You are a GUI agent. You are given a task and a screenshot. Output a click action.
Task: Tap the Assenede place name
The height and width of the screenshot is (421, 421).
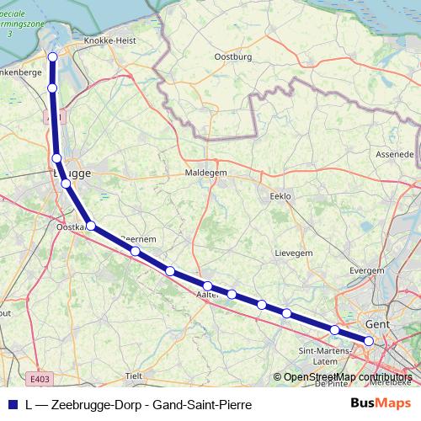(395, 155)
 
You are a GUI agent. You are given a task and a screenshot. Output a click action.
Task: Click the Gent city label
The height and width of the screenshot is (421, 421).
(376, 322)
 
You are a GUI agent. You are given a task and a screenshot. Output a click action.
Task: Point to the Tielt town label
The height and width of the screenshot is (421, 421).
(133, 375)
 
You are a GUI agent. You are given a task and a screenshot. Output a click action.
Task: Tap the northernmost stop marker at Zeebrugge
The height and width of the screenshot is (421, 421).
(52, 57)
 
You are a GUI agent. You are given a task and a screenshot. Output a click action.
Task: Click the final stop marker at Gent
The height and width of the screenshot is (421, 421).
(368, 340)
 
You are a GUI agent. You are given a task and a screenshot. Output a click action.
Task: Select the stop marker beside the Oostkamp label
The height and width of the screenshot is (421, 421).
(91, 226)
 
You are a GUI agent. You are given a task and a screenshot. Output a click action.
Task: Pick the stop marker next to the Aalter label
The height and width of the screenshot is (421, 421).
(207, 286)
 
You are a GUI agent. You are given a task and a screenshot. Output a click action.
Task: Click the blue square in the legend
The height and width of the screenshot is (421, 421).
(13, 403)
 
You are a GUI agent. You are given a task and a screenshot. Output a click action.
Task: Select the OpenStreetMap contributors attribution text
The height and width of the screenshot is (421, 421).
(348, 377)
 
